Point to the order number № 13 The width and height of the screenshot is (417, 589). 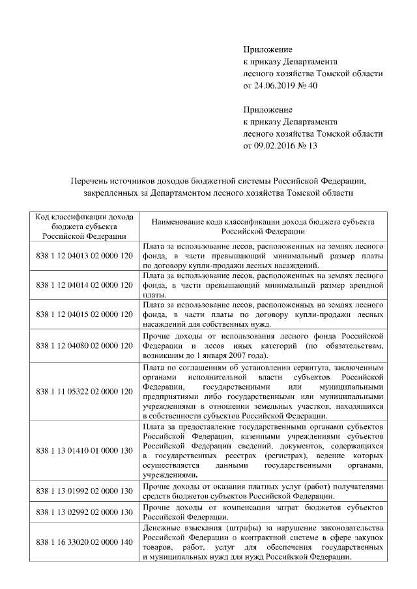(x=307, y=146)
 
